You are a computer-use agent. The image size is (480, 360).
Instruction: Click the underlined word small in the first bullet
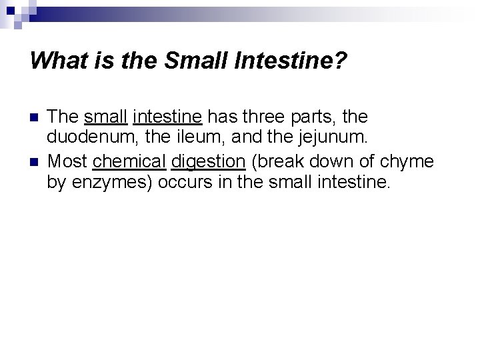click(x=107, y=117)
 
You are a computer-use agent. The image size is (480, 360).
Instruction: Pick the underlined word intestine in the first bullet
click(x=167, y=117)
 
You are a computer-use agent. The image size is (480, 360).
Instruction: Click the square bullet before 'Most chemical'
click(x=36, y=161)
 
